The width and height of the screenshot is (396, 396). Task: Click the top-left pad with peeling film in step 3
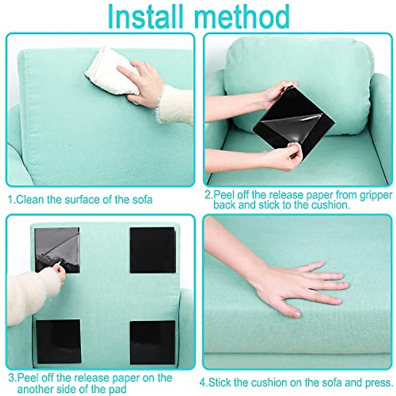[x=57, y=249]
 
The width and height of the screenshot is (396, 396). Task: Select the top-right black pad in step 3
[x=152, y=250]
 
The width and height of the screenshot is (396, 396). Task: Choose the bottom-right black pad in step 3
[x=152, y=342]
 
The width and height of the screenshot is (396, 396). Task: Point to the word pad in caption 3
[x=117, y=389]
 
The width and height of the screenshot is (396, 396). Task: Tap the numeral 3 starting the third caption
[x=11, y=378]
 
